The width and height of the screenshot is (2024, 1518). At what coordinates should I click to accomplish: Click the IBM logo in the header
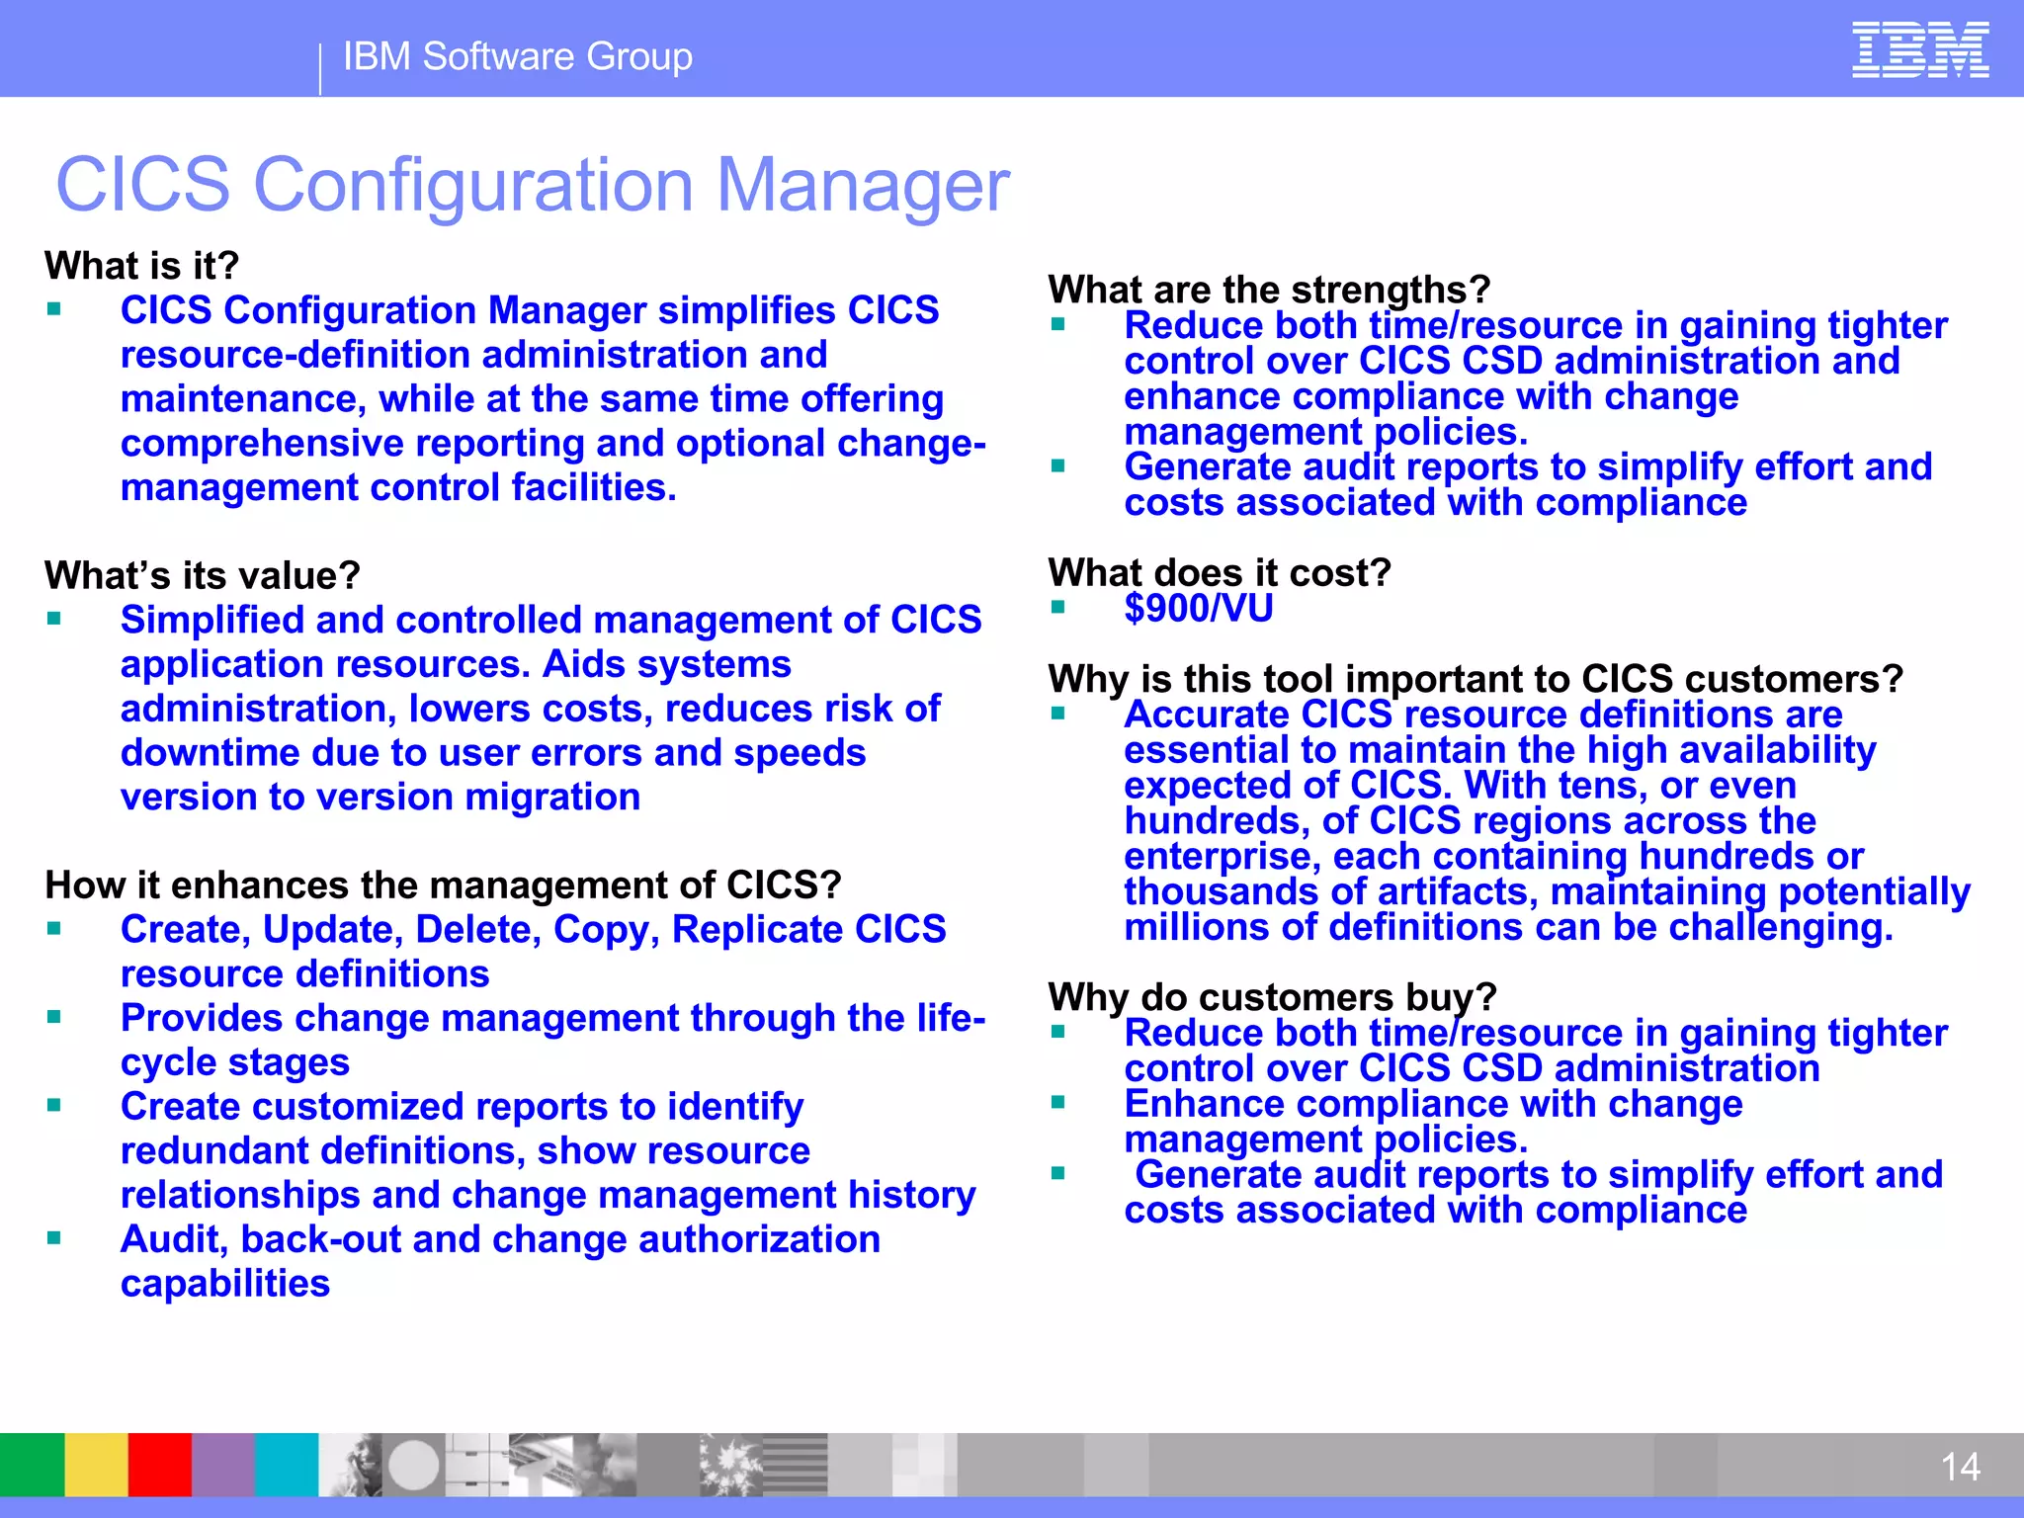point(1919,50)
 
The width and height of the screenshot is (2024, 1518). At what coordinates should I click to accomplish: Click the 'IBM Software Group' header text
point(518,56)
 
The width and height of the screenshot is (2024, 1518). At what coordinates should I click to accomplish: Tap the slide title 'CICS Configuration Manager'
point(533,185)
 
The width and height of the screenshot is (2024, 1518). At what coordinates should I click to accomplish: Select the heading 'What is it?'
point(142,266)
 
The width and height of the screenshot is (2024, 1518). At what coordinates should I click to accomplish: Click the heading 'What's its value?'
point(203,575)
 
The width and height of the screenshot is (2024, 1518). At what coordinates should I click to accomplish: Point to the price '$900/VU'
point(1199,609)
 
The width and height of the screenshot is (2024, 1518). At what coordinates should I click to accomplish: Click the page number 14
point(1960,1467)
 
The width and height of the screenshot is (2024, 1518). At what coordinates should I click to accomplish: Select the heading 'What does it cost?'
point(1220,573)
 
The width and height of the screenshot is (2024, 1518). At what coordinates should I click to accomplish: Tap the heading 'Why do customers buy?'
point(1273,996)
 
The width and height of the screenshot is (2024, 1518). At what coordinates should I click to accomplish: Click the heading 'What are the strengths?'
point(1269,290)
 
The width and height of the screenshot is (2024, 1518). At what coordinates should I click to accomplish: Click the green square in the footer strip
point(32,1465)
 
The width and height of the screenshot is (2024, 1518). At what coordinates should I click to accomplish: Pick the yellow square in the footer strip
point(96,1465)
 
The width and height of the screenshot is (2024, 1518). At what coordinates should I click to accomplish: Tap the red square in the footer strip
point(159,1465)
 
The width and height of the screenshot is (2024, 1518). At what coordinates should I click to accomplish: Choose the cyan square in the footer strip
point(287,1465)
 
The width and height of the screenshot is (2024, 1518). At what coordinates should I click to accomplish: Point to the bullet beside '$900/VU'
point(1057,607)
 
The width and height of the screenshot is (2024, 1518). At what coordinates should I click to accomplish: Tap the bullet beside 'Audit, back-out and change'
point(54,1237)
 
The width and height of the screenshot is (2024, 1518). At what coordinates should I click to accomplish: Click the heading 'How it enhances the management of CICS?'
point(443,885)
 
